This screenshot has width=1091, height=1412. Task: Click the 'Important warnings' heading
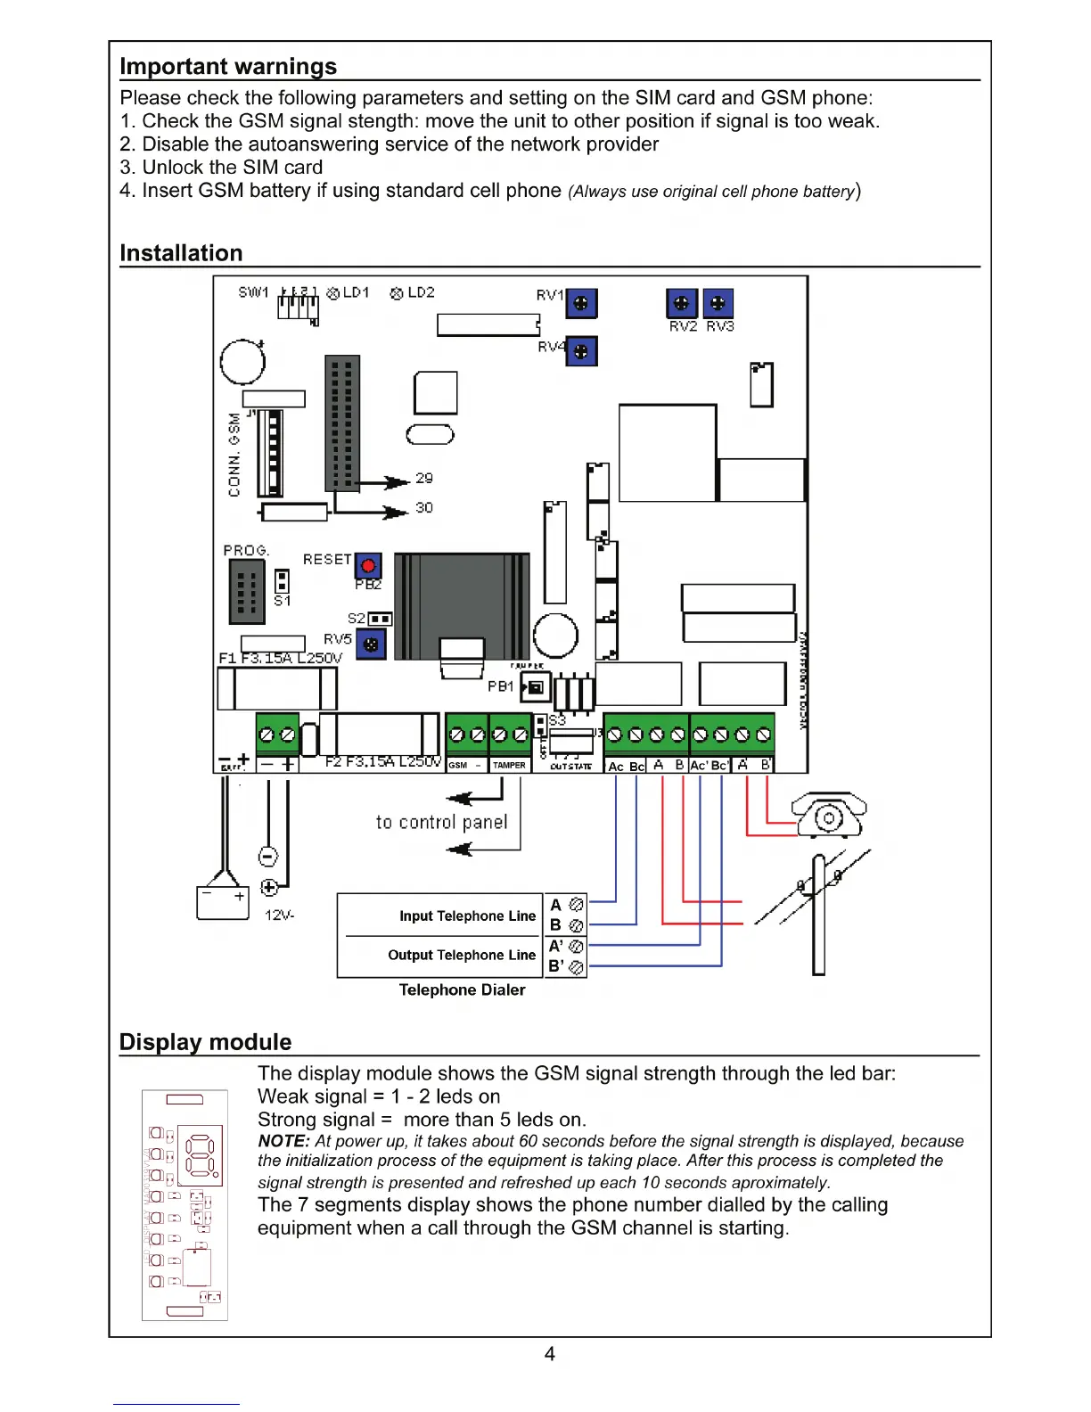pos(228,67)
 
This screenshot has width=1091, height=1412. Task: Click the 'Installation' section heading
pos(181,253)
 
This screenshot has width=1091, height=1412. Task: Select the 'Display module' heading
pos(205,1042)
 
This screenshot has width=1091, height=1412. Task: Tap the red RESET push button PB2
pos(368,565)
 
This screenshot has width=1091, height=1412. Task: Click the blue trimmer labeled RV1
pos(581,304)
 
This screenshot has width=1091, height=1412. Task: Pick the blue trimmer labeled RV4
pos(581,351)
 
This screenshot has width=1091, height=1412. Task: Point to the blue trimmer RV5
pos(371,644)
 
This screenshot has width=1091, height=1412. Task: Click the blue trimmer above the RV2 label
pos(682,303)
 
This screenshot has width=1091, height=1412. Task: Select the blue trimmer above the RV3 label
pos(718,303)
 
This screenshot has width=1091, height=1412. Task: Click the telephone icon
pos(829,815)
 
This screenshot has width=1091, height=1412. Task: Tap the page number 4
pos(550,1354)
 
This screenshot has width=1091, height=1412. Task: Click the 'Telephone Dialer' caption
pos(462,990)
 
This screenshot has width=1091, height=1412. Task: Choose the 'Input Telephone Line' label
pos(467,916)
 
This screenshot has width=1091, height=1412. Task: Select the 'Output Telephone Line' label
pos(462,956)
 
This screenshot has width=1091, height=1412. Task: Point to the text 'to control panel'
pos(441,822)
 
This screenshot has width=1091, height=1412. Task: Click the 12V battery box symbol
pos(222,902)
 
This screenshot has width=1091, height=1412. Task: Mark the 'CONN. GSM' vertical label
pos(234,455)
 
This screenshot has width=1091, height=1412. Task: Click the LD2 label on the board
pos(421,292)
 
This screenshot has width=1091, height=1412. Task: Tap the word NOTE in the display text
pos(283,1141)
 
